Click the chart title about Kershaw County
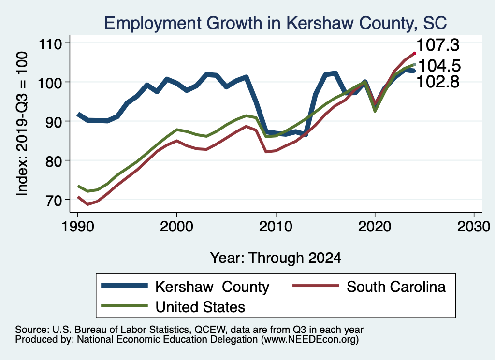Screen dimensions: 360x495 pos(275,22)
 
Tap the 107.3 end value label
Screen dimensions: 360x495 pos(438,45)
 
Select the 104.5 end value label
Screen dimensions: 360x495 pos(438,66)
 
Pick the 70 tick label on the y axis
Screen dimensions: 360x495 pos(58,200)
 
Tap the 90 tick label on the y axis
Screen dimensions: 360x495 pos(58,121)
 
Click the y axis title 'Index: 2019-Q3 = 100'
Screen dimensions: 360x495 pos(22,124)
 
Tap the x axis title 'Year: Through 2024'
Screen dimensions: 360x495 pos(276,258)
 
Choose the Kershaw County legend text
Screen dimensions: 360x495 pos(212,287)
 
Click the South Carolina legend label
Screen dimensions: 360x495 pos(396,287)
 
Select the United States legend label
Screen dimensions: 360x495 pos(200,306)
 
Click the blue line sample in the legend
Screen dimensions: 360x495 pos(124,287)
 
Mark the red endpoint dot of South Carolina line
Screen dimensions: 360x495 pos(414,53)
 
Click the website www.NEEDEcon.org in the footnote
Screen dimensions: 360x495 pos(309,340)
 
